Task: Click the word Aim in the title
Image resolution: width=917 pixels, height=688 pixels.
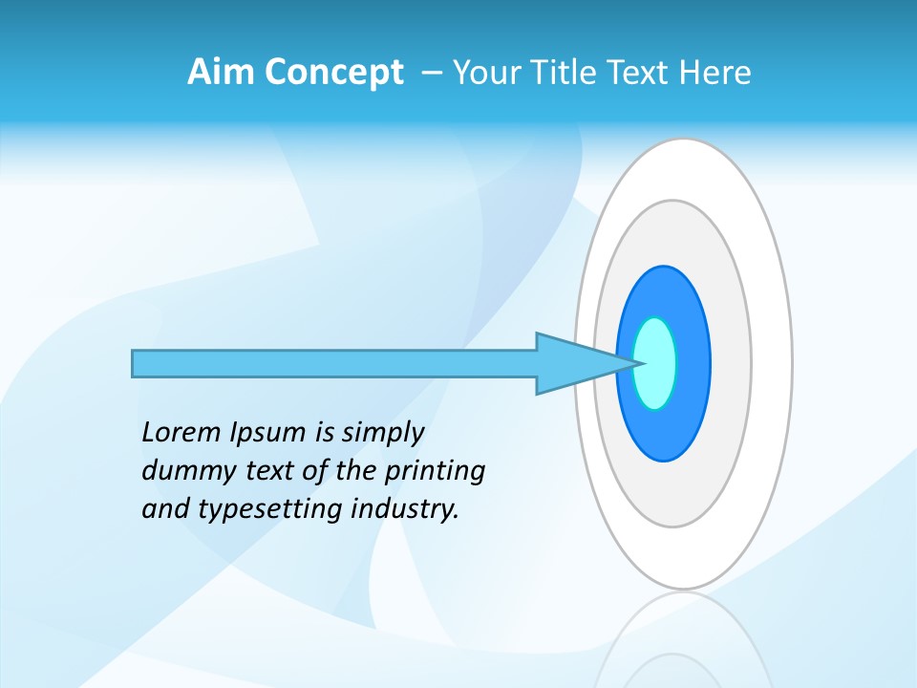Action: [x=219, y=73]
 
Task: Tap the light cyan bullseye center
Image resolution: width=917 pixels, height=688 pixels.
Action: [x=655, y=363]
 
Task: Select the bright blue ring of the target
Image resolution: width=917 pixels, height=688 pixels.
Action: [x=693, y=363]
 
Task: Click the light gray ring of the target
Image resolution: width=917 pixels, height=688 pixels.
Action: [x=731, y=363]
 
